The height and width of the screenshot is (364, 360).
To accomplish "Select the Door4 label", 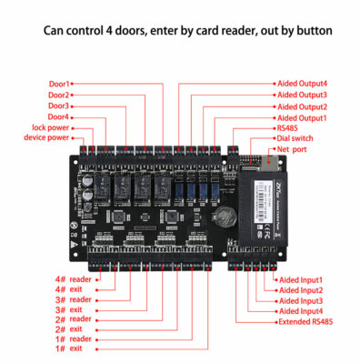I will point(58,116).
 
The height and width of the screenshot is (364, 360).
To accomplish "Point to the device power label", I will point(46,138).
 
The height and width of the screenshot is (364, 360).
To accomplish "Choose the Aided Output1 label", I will point(302,118).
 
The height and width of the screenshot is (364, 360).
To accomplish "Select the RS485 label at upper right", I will point(289,129).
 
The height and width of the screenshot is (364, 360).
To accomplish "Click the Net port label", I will point(292,149).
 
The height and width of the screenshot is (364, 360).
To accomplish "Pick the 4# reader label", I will point(74,278).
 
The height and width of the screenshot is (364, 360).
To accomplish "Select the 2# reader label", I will point(74,318).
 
